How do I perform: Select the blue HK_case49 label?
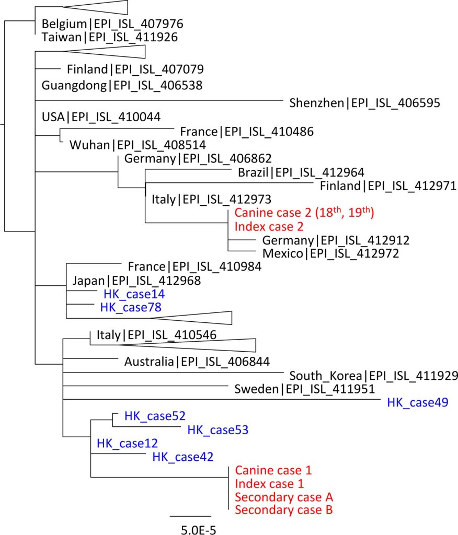(418, 402)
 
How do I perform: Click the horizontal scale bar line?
(190, 516)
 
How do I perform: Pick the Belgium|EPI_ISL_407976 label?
(112, 24)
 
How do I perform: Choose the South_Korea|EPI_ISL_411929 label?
(374, 375)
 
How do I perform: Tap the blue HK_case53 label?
(217, 431)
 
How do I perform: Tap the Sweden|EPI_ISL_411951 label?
(304, 389)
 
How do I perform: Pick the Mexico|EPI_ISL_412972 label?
(331, 254)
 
